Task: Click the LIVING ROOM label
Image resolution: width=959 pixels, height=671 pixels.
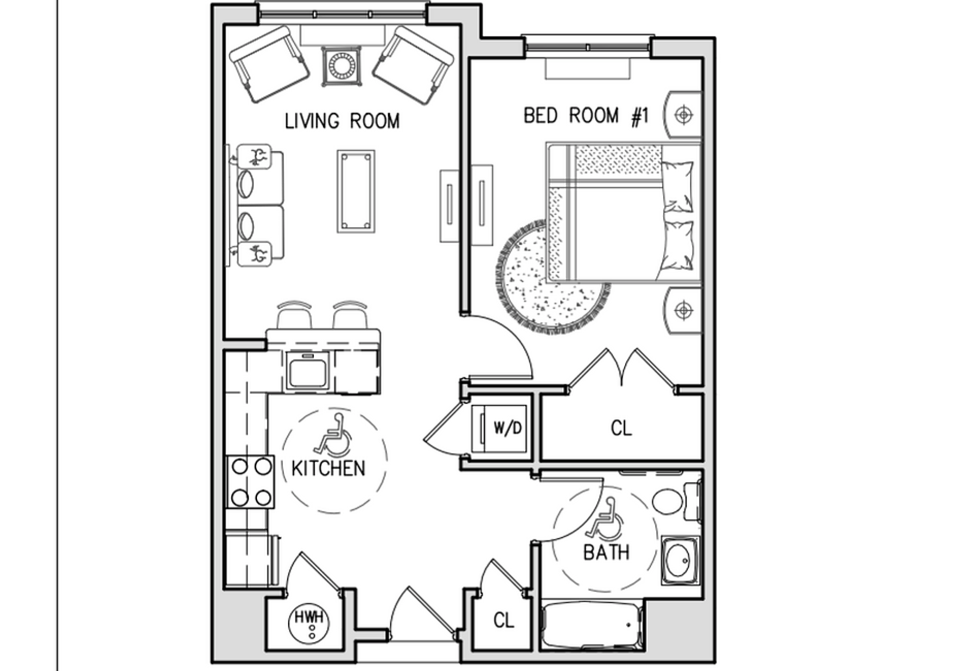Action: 342,121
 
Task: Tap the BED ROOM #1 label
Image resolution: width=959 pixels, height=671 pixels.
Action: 585,116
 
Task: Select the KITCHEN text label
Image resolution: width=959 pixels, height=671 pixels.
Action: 328,468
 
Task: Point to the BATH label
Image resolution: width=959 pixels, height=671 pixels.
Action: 606,552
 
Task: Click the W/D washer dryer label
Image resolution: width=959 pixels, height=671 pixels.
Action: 507,428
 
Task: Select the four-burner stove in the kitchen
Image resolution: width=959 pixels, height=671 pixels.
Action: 251,482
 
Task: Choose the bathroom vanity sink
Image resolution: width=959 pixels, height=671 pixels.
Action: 680,560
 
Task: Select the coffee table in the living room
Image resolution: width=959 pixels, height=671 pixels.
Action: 356,191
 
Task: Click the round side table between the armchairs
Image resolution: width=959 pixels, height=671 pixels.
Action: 342,65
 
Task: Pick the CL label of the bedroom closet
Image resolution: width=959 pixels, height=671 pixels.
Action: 621,428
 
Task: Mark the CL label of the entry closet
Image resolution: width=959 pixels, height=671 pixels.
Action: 503,620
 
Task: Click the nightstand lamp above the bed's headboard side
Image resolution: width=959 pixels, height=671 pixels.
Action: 683,115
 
